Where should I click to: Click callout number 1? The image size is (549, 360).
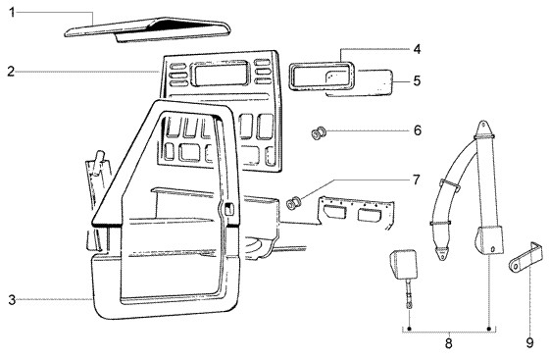coord(12,13)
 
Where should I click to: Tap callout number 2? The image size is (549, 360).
coord(11,72)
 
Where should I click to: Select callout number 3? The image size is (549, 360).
coord(12,300)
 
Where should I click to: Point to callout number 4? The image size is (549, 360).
coord(417,49)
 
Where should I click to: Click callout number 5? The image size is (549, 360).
coord(417,80)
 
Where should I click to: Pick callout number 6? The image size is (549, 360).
coord(418,130)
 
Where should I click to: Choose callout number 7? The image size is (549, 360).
coord(416,180)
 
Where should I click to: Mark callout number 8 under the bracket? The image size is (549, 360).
coord(449,343)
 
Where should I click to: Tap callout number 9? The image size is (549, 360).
coord(529,343)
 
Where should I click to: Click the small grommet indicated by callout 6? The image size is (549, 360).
coord(319,133)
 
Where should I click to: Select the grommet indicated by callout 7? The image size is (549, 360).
coord(293,203)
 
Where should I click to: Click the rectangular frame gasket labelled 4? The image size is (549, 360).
coord(321,65)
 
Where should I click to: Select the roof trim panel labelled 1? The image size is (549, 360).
coord(147,29)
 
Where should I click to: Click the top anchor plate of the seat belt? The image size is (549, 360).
coord(483,129)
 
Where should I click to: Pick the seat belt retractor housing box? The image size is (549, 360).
coord(489,240)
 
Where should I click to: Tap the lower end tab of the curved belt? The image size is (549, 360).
coord(442,253)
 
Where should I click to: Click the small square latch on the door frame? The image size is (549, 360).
coord(229,209)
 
